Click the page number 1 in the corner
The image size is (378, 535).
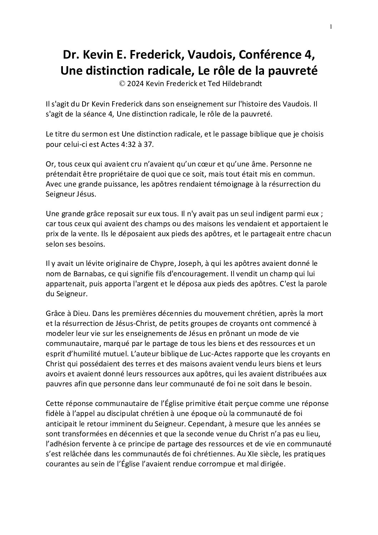(x=331, y=26)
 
